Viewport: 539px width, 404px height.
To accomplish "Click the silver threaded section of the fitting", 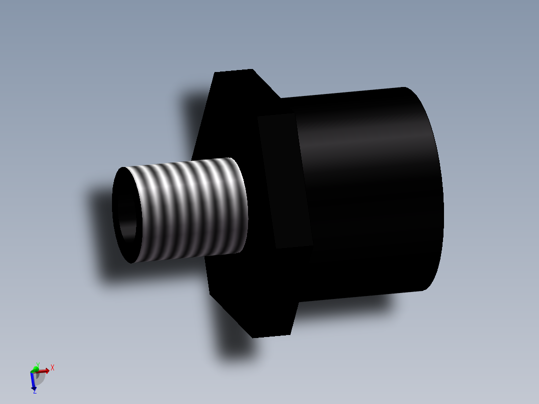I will [x=190, y=210].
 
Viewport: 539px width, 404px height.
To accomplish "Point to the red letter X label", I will [x=52, y=367].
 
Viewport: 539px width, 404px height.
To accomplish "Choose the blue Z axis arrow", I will [x=33, y=382].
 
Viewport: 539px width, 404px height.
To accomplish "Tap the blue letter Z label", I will [x=34, y=391].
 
